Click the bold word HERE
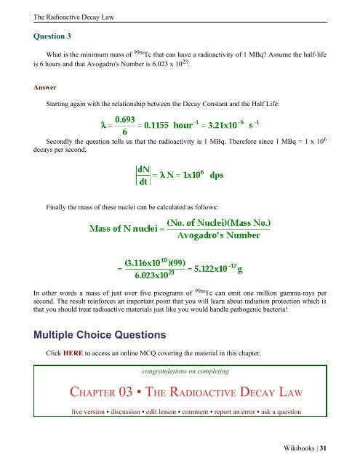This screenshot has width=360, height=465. (74, 355)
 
